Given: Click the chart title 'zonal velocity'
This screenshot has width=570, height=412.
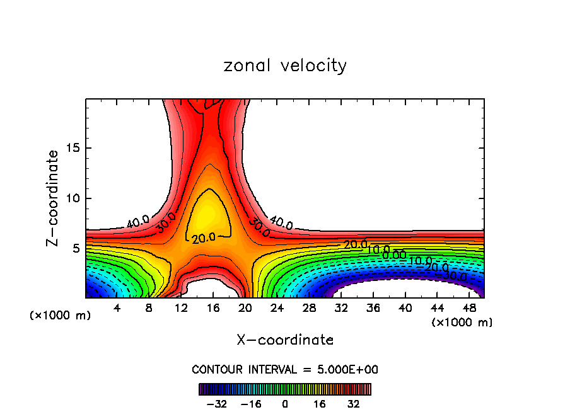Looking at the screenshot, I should (x=285, y=66).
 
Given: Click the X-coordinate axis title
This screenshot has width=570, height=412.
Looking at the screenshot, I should (x=285, y=340).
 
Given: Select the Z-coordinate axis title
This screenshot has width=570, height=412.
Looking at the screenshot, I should (x=55, y=198).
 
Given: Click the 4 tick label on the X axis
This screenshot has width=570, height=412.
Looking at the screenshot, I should (x=117, y=308).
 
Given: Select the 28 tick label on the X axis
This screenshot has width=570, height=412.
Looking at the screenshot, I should (x=309, y=308).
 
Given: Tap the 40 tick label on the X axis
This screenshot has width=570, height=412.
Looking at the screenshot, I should (x=405, y=308).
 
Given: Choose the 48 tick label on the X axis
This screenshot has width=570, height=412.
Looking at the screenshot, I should (x=468, y=308).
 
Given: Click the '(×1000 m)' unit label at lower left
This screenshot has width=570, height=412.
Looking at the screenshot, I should (x=61, y=316).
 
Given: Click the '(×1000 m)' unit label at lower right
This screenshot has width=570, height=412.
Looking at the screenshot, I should (x=462, y=323).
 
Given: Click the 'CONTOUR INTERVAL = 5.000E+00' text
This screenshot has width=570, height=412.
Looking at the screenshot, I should (x=285, y=370).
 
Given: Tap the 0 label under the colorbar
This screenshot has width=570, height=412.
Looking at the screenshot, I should (x=285, y=403).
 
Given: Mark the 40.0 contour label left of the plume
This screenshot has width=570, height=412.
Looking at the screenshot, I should (x=137, y=222).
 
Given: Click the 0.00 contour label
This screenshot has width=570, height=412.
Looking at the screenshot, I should (x=394, y=255).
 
